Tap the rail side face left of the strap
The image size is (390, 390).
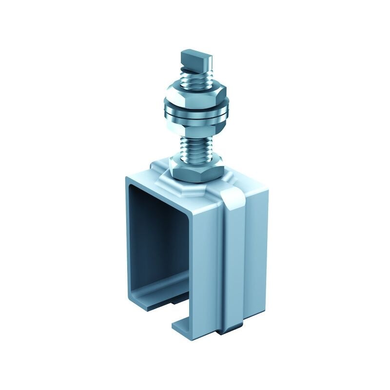pyautogui.click(x=207, y=263)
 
